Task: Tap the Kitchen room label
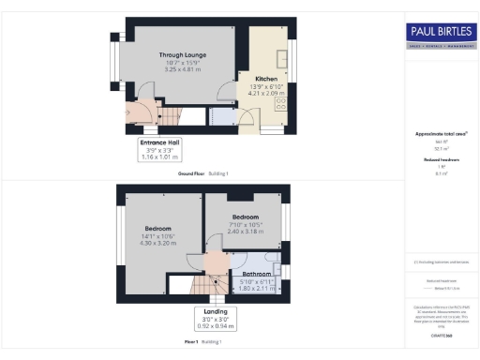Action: click(x=265, y=79)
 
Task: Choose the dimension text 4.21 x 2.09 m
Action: click(x=265, y=93)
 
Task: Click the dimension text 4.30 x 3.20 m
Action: click(x=157, y=243)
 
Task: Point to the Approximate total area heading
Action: click(x=440, y=134)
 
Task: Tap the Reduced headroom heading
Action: click(x=440, y=160)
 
